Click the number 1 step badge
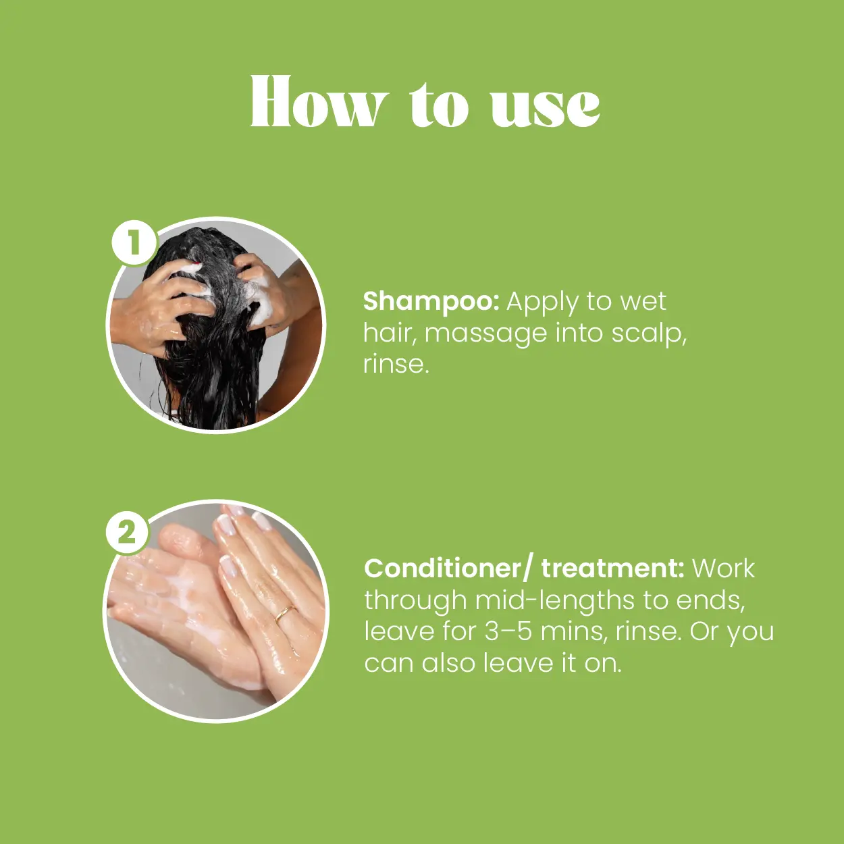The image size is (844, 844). click(x=134, y=242)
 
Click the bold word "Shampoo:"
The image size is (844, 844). click(x=431, y=302)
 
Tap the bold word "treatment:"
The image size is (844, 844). click(x=612, y=569)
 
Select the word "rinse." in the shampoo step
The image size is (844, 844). click(x=396, y=365)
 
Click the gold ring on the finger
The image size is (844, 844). click(x=285, y=614)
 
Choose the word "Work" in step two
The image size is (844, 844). click(x=723, y=569)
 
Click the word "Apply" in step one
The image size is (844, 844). click(x=543, y=303)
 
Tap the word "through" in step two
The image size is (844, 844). click(x=416, y=601)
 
